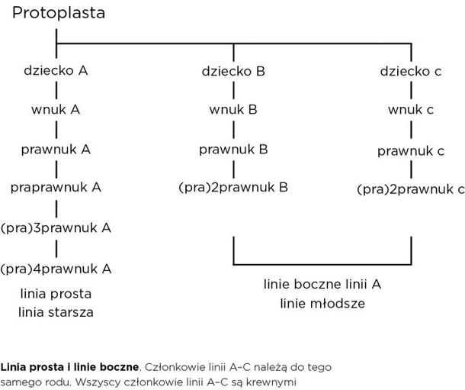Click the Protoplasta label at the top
click(59, 14)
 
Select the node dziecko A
click(56, 71)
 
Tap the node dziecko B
click(233, 71)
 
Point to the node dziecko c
click(411, 71)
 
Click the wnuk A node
click(56, 110)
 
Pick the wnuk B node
click(233, 110)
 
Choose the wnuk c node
click(411, 110)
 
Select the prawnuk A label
click(56, 150)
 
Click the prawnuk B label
click(233, 150)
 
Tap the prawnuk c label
click(411, 151)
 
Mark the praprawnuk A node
click(56, 188)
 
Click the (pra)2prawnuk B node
click(233, 188)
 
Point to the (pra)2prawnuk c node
click(411, 189)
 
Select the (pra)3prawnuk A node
click(56, 228)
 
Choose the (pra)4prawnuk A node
click(56, 269)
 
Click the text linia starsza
click(56, 312)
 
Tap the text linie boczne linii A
click(322, 285)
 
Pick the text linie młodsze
click(322, 303)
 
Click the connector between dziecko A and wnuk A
click(56, 90)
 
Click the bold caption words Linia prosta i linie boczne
click(69, 367)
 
